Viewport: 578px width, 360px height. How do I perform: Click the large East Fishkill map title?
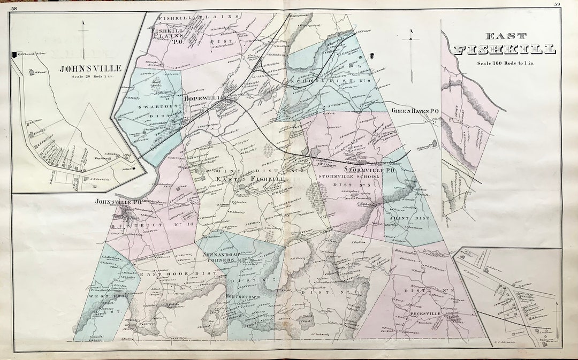[x=504, y=44]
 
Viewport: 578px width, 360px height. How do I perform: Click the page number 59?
[x=557, y=5]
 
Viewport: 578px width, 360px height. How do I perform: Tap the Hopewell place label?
[x=202, y=98]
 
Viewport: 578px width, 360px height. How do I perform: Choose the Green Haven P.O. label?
[x=415, y=111]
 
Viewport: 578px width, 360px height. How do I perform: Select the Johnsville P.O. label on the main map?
[x=118, y=202]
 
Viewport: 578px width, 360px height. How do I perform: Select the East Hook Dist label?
[x=178, y=274]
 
